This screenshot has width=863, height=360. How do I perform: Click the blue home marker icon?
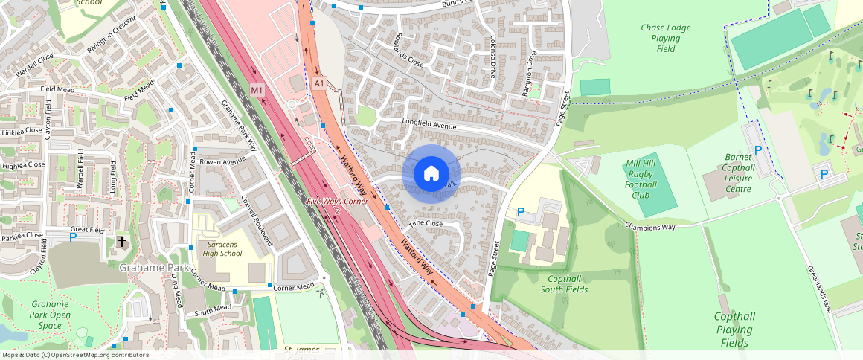pyautogui.click(x=431, y=173)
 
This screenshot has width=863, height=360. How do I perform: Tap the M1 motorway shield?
pyautogui.click(x=257, y=90)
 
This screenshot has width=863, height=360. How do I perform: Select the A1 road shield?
pyautogui.click(x=320, y=83)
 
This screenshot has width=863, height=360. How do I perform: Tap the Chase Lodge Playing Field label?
pyautogui.click(x=665, y=38)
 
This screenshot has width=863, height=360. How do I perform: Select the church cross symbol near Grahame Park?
pyautogui.click(x=122, y=242)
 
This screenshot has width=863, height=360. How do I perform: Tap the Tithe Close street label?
pyautogui.click(x=426, y=223)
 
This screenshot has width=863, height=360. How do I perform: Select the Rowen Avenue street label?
pyautogui.click(x=222, y=161)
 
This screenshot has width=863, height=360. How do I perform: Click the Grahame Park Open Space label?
pyautogui.click(x=51, y=315)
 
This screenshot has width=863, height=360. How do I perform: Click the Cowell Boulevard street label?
pyautogui.click(x=257, y=221)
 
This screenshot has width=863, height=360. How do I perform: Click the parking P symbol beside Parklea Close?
pyautogui.click(x=72, y=237)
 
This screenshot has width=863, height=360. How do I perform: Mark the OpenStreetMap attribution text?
pyautogui.click(x=75, y=355)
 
